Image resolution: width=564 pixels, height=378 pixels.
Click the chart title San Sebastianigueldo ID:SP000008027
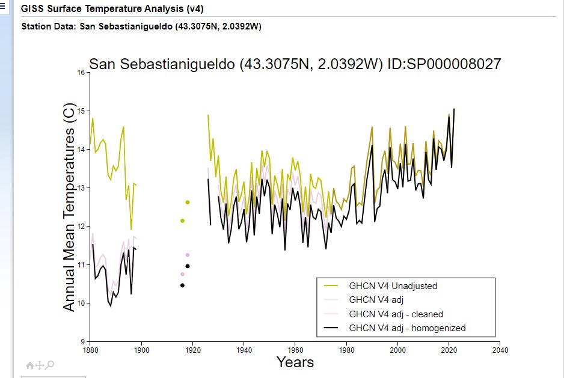pyautogui.click(x=295, y=65)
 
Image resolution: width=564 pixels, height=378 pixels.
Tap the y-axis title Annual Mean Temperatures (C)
pyautogui.click(x=70, y=207)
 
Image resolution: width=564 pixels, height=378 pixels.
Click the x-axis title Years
pyautogui.click(x=295, y=362)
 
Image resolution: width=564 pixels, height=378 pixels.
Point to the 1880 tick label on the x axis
pyautogui.click(x=90, y=350)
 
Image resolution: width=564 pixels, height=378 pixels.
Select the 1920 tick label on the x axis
pyautogui.click(x=192, y=350)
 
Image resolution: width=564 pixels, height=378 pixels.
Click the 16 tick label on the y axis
pyautogui.click(x=82, y=73)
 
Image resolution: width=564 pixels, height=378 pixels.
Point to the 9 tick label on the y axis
pyautogui.click(x=84, y=342)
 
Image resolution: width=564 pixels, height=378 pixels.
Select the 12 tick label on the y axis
pyautogui.click(x=82, y=227)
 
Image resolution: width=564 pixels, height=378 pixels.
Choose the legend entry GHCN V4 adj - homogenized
pyautogui.click(x=407, y=328)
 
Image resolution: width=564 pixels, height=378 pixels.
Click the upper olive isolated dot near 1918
pyautogui.click(x=188, y=203)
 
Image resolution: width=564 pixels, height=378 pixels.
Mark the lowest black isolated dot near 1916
pyautogui.click(x=182, y=285)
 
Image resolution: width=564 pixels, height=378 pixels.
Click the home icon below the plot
pyautogui.click(x=29, y=365)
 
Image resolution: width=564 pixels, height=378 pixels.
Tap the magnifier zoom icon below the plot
pyautogui.click(x=51, y=365)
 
